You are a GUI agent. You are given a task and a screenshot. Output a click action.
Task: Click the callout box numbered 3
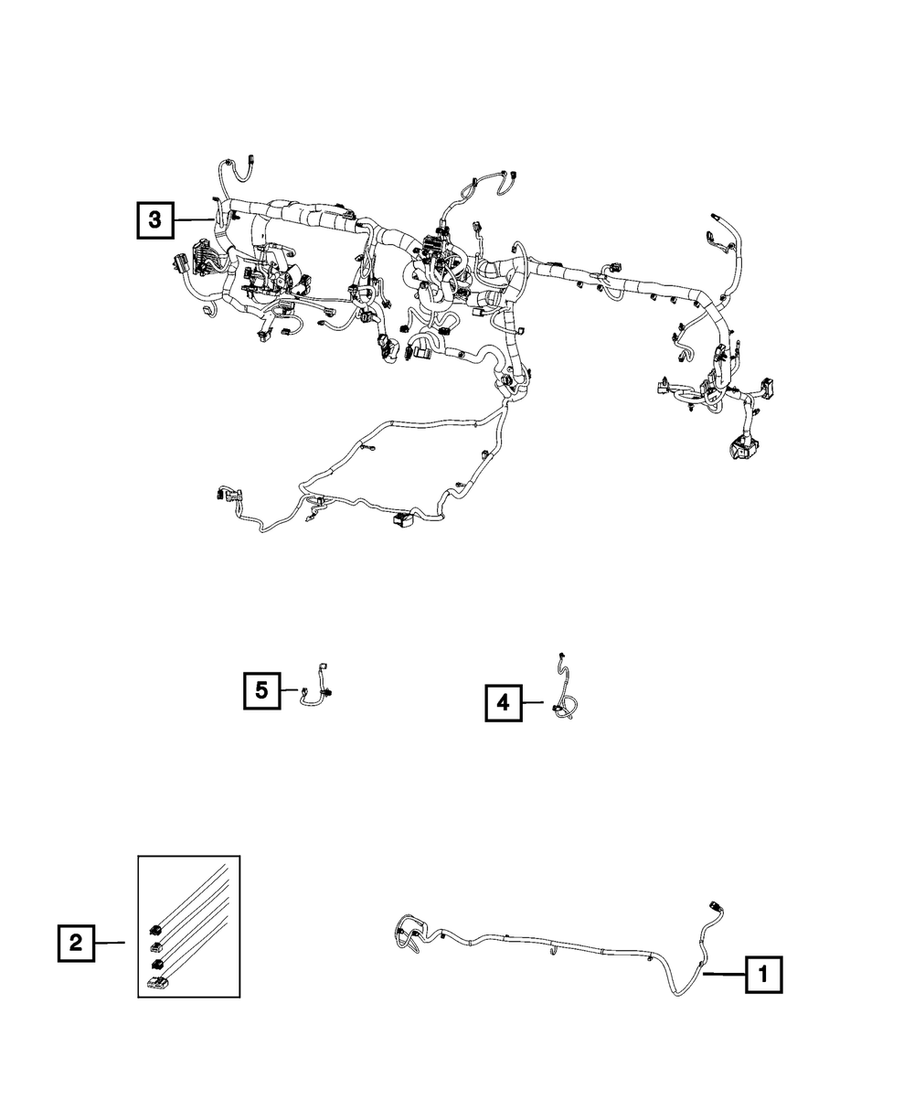point(155,219)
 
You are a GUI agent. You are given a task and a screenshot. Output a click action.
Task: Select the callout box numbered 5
point(261,690)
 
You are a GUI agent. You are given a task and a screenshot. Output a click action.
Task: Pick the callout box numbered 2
point(77,943)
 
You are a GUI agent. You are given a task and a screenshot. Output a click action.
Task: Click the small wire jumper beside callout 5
point(315,689)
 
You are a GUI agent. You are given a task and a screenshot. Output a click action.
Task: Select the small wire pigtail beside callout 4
point(565,695)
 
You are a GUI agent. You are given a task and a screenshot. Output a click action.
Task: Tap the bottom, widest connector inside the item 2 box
point(157,984)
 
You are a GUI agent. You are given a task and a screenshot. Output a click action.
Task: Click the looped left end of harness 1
point(408,934)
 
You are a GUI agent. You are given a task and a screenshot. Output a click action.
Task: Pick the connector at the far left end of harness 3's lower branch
point(219,494)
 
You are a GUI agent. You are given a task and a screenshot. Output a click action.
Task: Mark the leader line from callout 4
point(536,702)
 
